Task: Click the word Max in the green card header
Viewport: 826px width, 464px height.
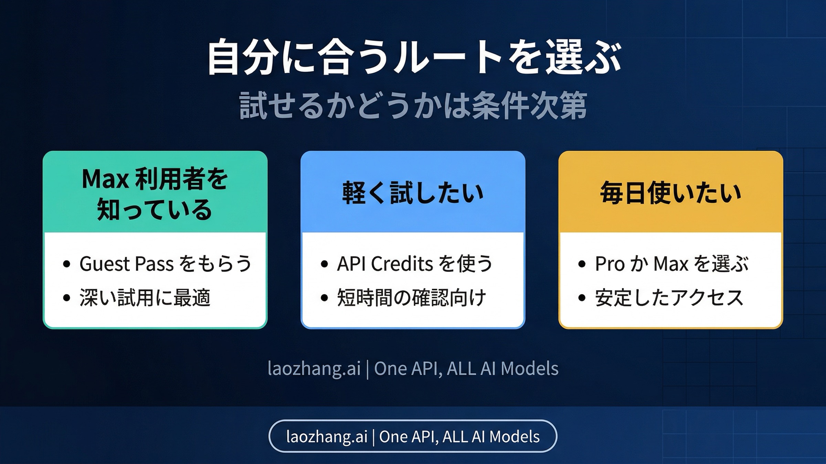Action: pyautogui.click(x=105, y=179)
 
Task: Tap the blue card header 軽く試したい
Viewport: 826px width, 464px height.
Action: pyautogui.click(x=413, y=193)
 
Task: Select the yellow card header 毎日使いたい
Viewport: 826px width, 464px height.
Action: pyautogui.click(x=670, y=193)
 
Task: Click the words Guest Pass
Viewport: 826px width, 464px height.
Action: pyautogui.click(x=126, y=264)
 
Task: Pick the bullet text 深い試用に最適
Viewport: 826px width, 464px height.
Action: pyautogui.click(x=145, y=298)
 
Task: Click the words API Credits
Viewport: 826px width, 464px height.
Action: pyautogui.click(x=385, y=264)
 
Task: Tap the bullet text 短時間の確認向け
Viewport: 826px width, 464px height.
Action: pyautogui.click(x=411, y=298)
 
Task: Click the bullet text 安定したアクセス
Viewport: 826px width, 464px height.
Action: pyautogui.click(x=669, y=298)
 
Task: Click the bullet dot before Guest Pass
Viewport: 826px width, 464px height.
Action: pyautogui.click(x=67, y=264)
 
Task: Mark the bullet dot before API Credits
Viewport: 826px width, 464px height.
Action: pyautogui.click(x=324, y=264)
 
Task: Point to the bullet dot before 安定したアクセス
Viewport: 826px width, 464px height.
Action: pyautogui.click(x=582, y=298)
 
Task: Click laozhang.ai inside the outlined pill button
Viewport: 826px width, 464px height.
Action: pyautogui.click(x=327, y=437)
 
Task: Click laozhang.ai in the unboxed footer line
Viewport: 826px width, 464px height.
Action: pyautogui.click(x=314, y=368)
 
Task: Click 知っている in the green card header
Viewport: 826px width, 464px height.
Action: pyautogui.click(x=155, y=210)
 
